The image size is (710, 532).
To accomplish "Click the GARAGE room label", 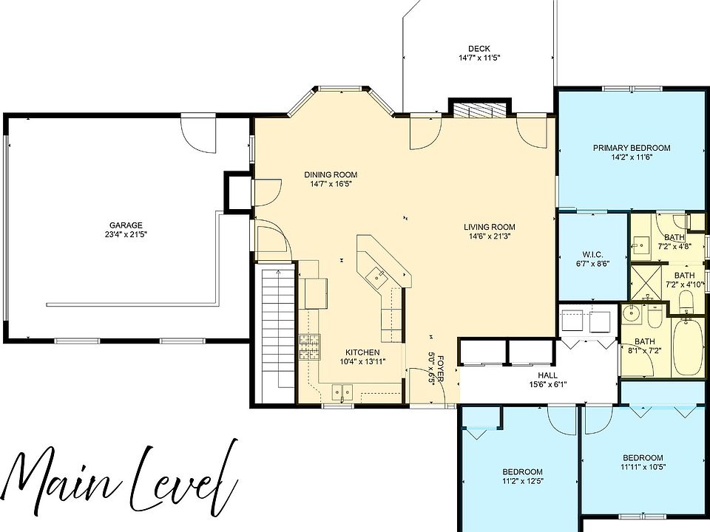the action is coord(126,225).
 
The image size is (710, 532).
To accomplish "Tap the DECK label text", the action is coord(479,49).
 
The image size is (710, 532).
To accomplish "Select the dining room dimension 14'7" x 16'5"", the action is coord(331,184).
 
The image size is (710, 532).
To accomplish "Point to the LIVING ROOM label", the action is coord(489,227).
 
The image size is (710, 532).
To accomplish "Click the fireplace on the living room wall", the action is coord(480,110).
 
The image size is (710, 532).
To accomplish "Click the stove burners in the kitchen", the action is coord(309,347).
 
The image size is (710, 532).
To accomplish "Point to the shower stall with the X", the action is coord(646,283).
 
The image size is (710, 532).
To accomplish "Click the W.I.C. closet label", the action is coord(592,254).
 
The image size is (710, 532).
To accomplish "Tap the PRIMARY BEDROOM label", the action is coord(632,148).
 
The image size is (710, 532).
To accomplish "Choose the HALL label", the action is coord(547,375).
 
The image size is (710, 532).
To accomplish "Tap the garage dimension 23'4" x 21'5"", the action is coord(126,234).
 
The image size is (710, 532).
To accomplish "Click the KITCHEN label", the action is coord(362,352).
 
